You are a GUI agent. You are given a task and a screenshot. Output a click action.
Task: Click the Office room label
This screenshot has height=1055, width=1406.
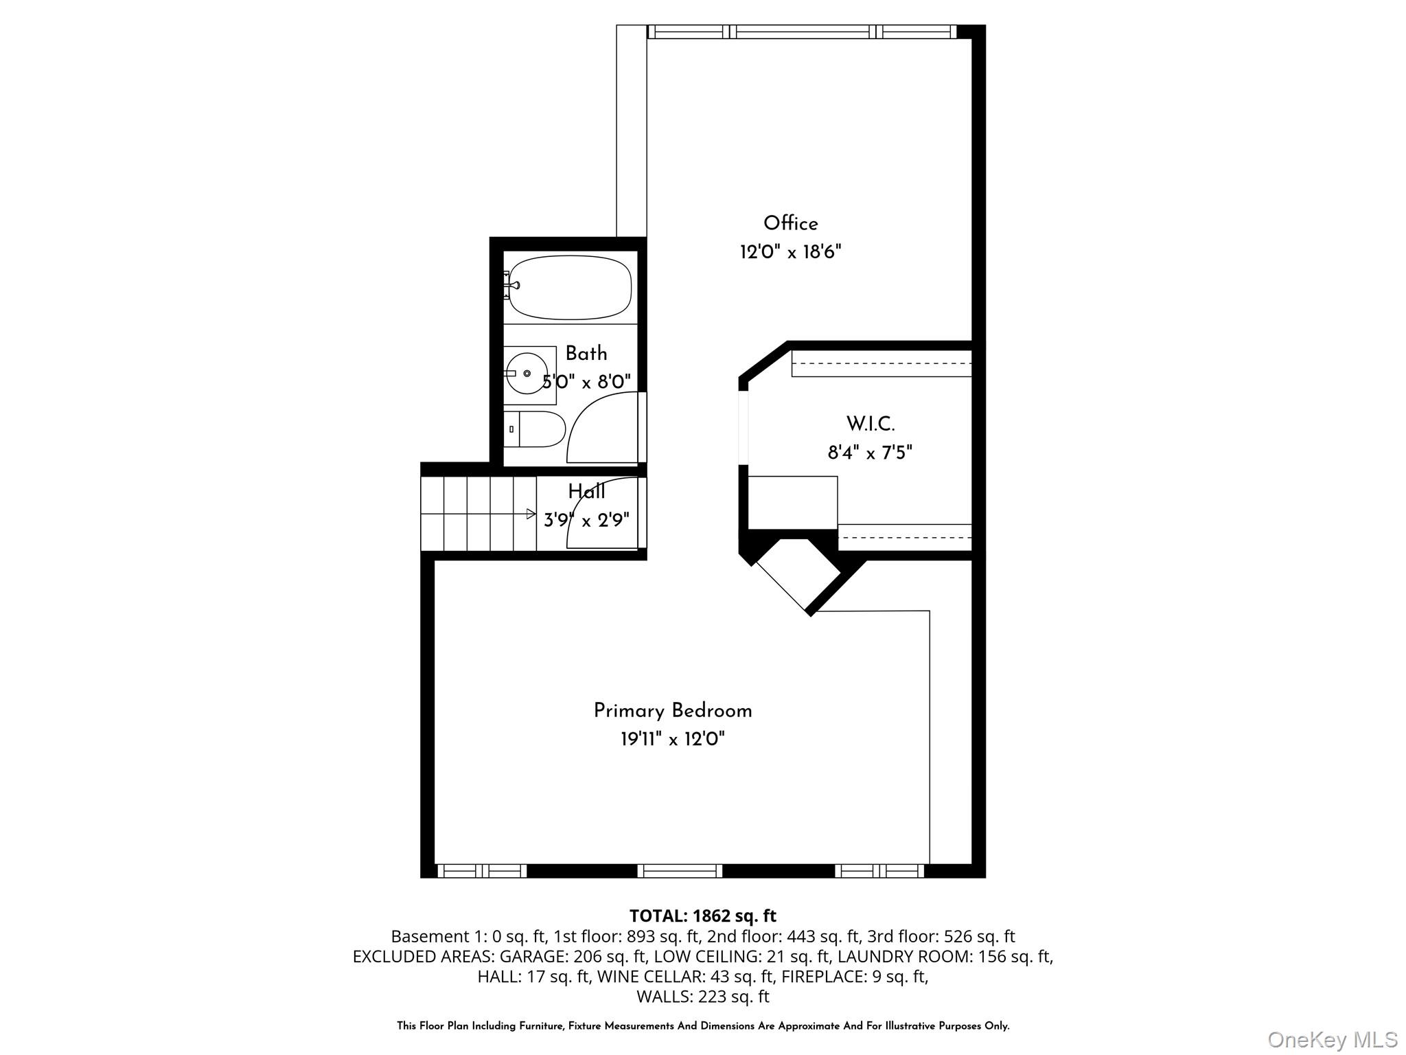[790, 223]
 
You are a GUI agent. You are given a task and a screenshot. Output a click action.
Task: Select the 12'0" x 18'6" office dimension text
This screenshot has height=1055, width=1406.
[790, 252]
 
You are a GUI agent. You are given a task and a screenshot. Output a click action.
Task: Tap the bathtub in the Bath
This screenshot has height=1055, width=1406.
[570, 287]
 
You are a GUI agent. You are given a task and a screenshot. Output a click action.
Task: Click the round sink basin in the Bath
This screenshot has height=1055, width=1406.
[527, 373]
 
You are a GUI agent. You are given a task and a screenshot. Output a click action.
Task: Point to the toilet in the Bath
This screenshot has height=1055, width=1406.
[535, 429]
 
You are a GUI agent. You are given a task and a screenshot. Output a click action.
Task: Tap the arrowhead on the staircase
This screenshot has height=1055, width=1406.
[531, 514]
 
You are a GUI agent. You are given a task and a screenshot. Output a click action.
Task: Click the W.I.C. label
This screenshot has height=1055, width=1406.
[870, 424]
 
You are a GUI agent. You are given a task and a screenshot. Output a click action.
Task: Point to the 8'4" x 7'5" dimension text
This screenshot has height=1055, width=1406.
[870, 453]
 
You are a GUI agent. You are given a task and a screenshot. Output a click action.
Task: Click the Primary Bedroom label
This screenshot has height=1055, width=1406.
[673, 711]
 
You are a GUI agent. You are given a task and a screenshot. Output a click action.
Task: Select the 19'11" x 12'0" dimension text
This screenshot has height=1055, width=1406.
[673, 740]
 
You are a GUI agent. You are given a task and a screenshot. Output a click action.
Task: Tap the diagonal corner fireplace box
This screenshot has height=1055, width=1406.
[798, 574]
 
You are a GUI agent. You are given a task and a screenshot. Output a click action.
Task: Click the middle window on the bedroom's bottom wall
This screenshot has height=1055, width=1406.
[680, 871]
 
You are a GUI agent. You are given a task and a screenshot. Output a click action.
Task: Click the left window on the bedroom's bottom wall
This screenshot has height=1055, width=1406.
[482, 871]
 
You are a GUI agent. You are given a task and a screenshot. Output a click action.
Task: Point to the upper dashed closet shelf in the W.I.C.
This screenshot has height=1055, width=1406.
[881, 363]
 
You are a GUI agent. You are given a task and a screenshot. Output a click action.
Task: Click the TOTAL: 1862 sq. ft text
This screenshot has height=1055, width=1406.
[702, 916]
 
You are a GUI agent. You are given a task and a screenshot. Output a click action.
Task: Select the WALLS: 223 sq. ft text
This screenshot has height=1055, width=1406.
[702, 996]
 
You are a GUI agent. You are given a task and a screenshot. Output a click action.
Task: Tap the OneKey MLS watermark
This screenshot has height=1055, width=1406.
[1332, 1040]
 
